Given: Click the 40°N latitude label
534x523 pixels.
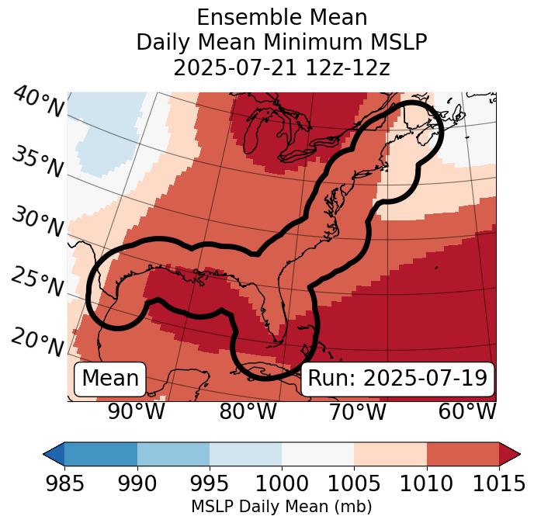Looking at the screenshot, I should [x=38, y=102].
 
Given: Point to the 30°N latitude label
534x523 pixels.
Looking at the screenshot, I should [x=37, y=222].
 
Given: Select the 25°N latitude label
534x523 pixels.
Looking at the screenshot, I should [x=37, y=282].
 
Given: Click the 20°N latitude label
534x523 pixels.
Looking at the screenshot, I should [x=37, y=341].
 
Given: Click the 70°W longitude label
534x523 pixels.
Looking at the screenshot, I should [x=358, y=411].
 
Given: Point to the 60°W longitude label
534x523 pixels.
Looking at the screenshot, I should [x=467, y=411].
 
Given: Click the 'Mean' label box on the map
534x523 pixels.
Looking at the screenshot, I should [x=110, y=379].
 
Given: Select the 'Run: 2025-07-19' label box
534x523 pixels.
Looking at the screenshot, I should [x=397, y=379].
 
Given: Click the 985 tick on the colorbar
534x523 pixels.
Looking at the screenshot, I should [x=64, y=483].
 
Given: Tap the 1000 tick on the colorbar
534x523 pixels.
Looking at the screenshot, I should [x=282, y=483].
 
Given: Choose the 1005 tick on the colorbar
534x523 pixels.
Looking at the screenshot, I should [x=354, y=483].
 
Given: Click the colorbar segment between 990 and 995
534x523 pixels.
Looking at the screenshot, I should [x=173, y=454].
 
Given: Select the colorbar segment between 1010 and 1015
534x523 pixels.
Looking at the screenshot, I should [x=463, y=454].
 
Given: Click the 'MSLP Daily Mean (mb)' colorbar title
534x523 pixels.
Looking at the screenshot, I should [x=281, y=507].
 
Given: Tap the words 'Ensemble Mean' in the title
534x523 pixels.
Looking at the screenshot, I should [x=282, y=17].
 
